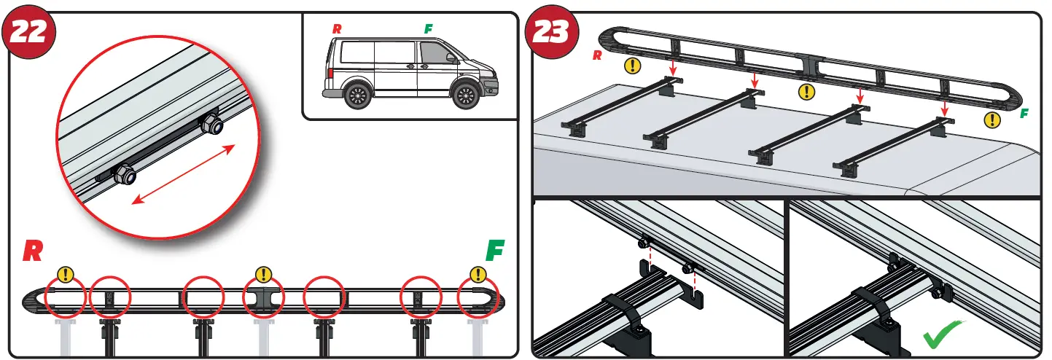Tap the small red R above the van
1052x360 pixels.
(x=336, y=29)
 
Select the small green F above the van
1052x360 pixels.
(x=429, y=29)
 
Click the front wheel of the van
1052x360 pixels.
(x=463, y=95)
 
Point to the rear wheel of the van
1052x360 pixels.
(x=356, y=95)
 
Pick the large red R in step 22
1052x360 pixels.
(x=32, y=251)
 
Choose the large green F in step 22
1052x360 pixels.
(x=495, y=251)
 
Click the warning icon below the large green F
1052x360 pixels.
(x=478, y=275)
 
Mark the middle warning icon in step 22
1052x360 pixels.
(x=264, y=275)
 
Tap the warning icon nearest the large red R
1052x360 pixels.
(x=66, y=275)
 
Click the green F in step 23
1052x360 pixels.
(x=1024, y=114)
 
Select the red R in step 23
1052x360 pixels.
(x=597, y=55)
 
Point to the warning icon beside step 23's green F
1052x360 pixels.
(x=992, y=120)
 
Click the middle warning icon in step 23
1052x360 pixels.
(x=806, y=92)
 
